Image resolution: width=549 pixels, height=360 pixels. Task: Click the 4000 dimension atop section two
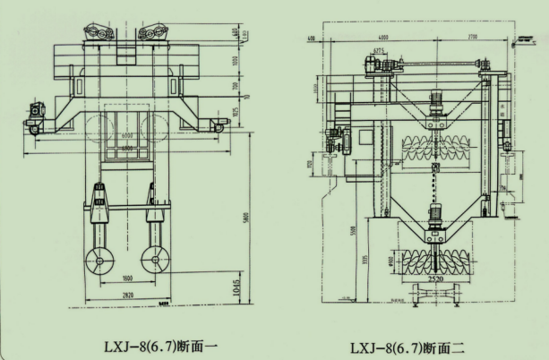tap(382, 38)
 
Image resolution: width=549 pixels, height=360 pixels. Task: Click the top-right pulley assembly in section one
tap(153, 33)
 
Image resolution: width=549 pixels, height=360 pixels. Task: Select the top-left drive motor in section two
tap(371, 64)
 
